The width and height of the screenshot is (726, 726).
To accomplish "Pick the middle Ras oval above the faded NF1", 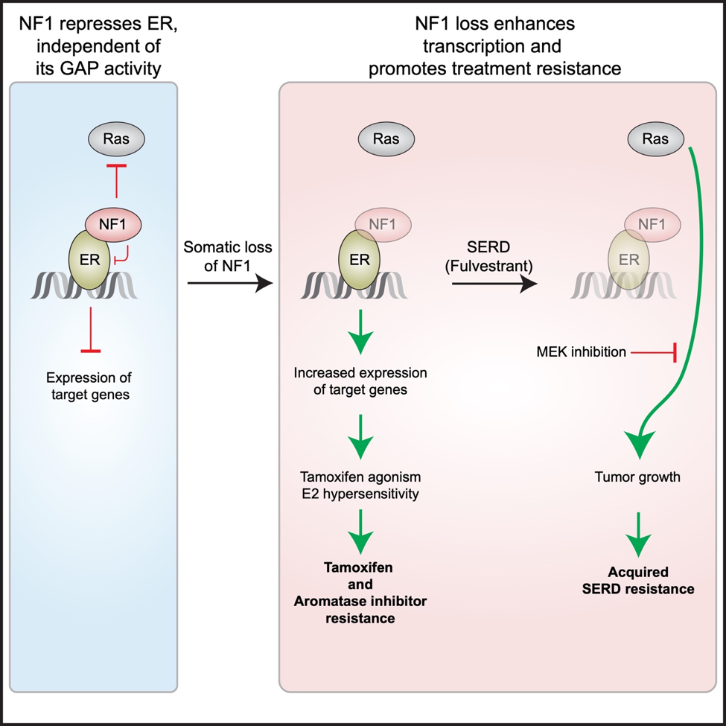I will tap(386, 138).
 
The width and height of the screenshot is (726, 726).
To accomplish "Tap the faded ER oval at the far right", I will tap(629, 258).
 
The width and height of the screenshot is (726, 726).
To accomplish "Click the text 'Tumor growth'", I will tap(637, 477).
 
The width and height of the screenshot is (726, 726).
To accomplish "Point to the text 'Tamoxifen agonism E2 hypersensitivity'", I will tap(360, 485).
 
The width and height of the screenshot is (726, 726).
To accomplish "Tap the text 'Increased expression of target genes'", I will tap(360, 380).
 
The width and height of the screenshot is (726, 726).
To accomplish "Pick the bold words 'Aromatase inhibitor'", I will tap(360, 600).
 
